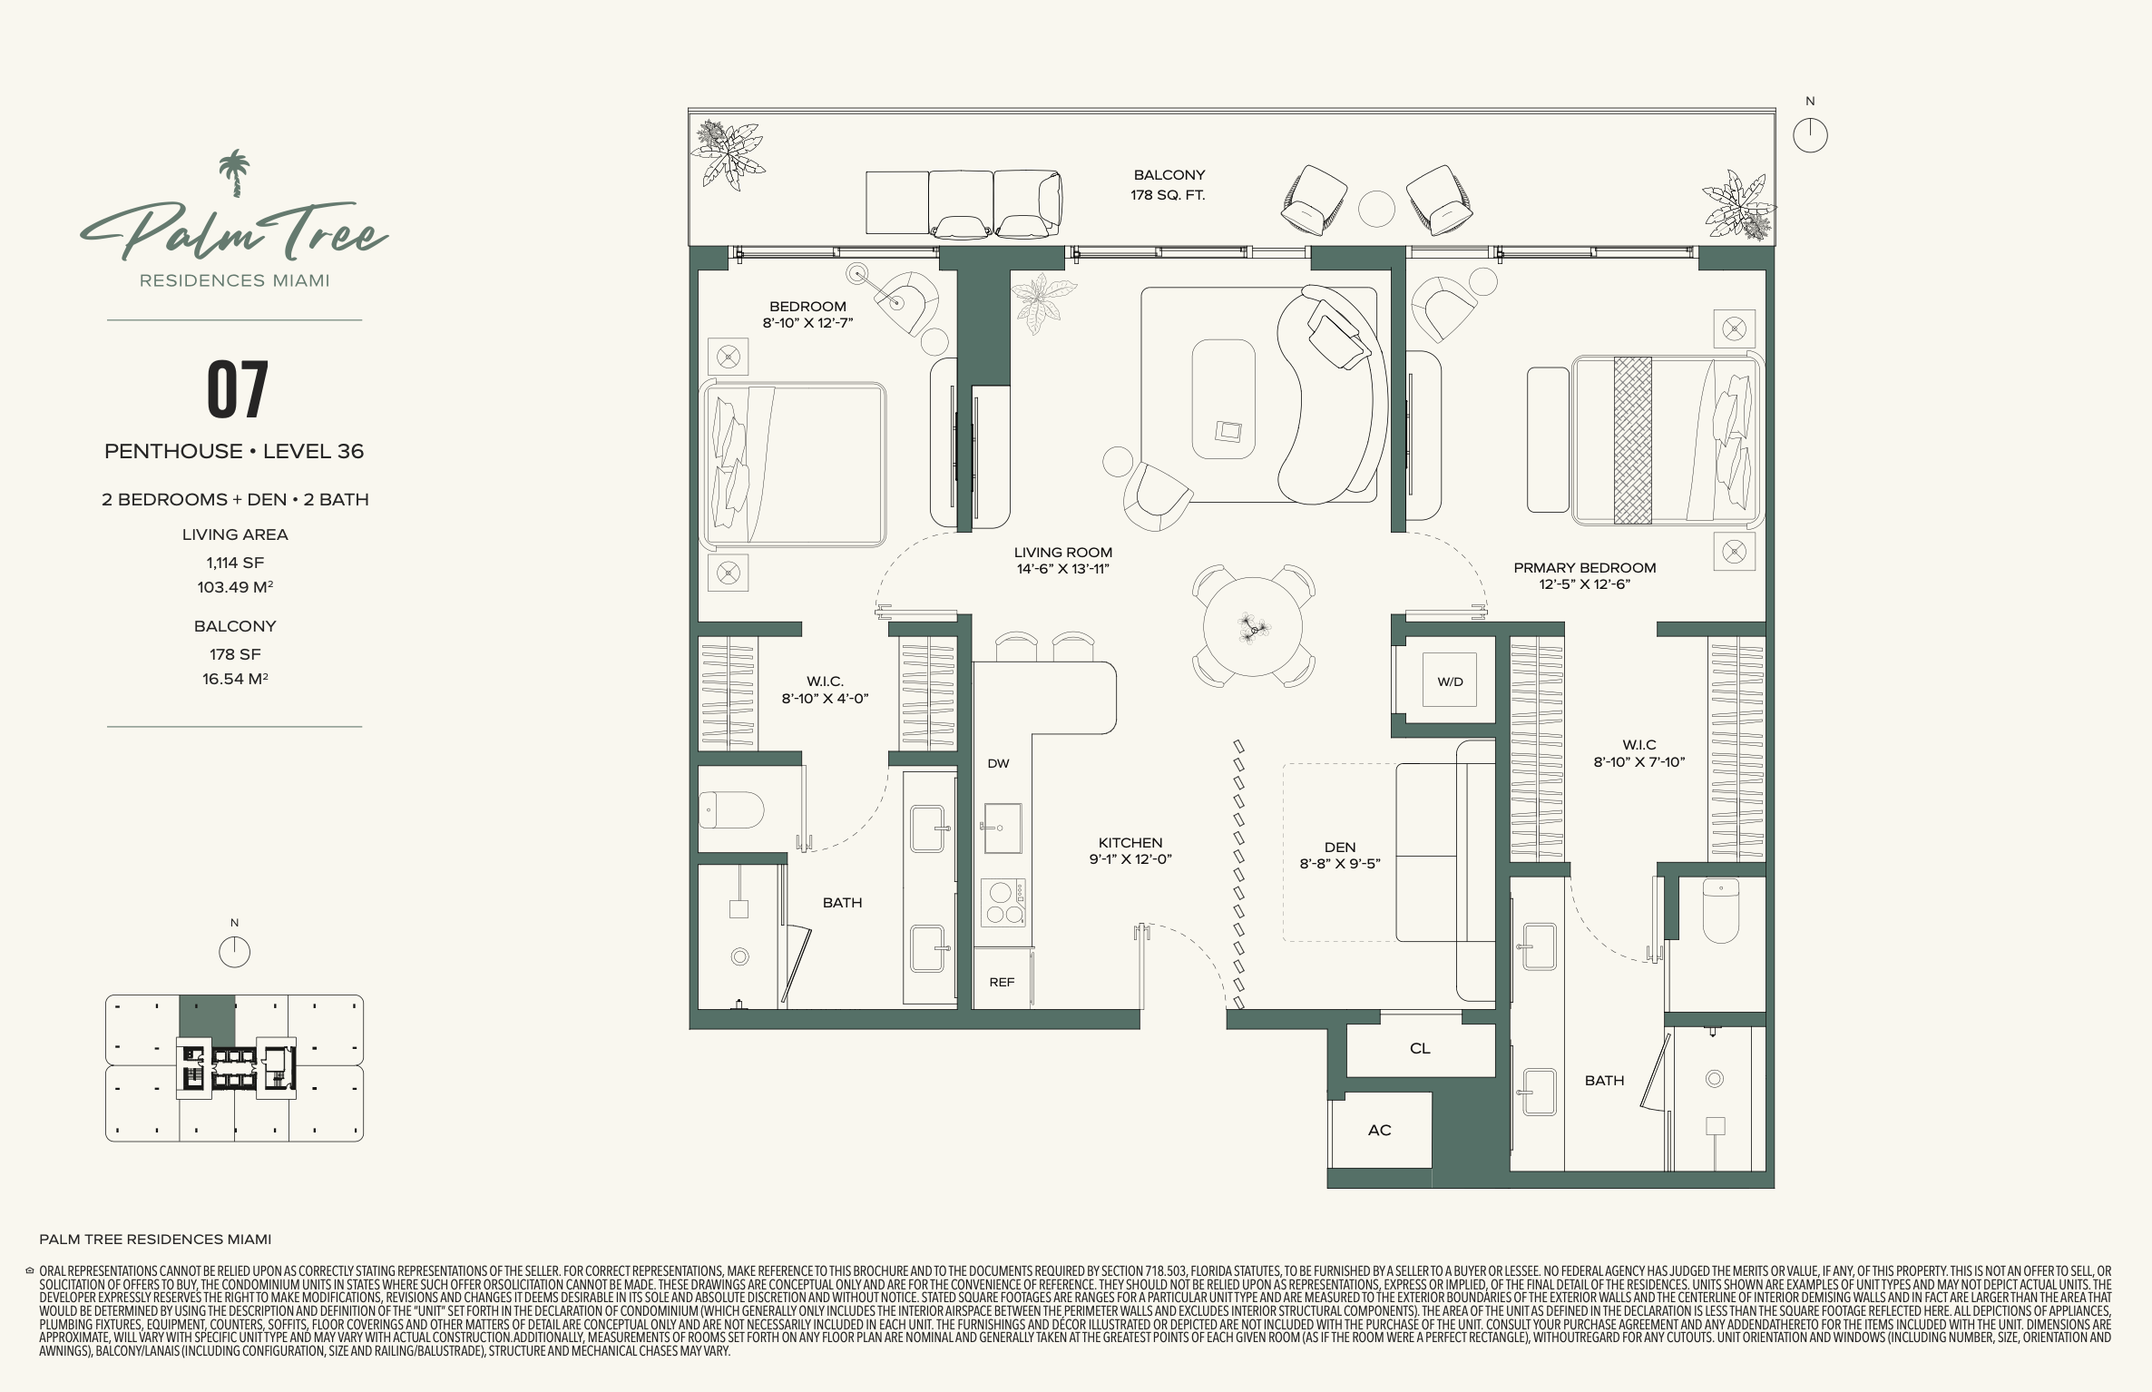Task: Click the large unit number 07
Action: pos(238,389)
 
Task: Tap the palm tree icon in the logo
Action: pos(235,173)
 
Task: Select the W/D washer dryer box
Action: pos(1450,681)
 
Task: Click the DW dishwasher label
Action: pos(998,763)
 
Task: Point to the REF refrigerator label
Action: pos(1002,982)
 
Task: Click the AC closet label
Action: pos(1379,1130)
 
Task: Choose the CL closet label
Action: pos(1420,1048)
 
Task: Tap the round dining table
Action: pos(1253,626)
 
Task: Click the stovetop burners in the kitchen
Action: pos(1003,903)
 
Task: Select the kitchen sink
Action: pos(1003,828)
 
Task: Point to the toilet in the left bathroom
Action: pos(731,810)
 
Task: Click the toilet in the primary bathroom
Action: pos(1720,910)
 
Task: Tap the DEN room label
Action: pos(1340,847)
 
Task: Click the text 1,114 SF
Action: pos(235,563)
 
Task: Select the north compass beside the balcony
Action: pos(1810,135)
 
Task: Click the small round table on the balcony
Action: pos(1376,209)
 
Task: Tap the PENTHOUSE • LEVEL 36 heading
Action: pos(234,451)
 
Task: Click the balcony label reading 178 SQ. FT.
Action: pos(1168,195)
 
